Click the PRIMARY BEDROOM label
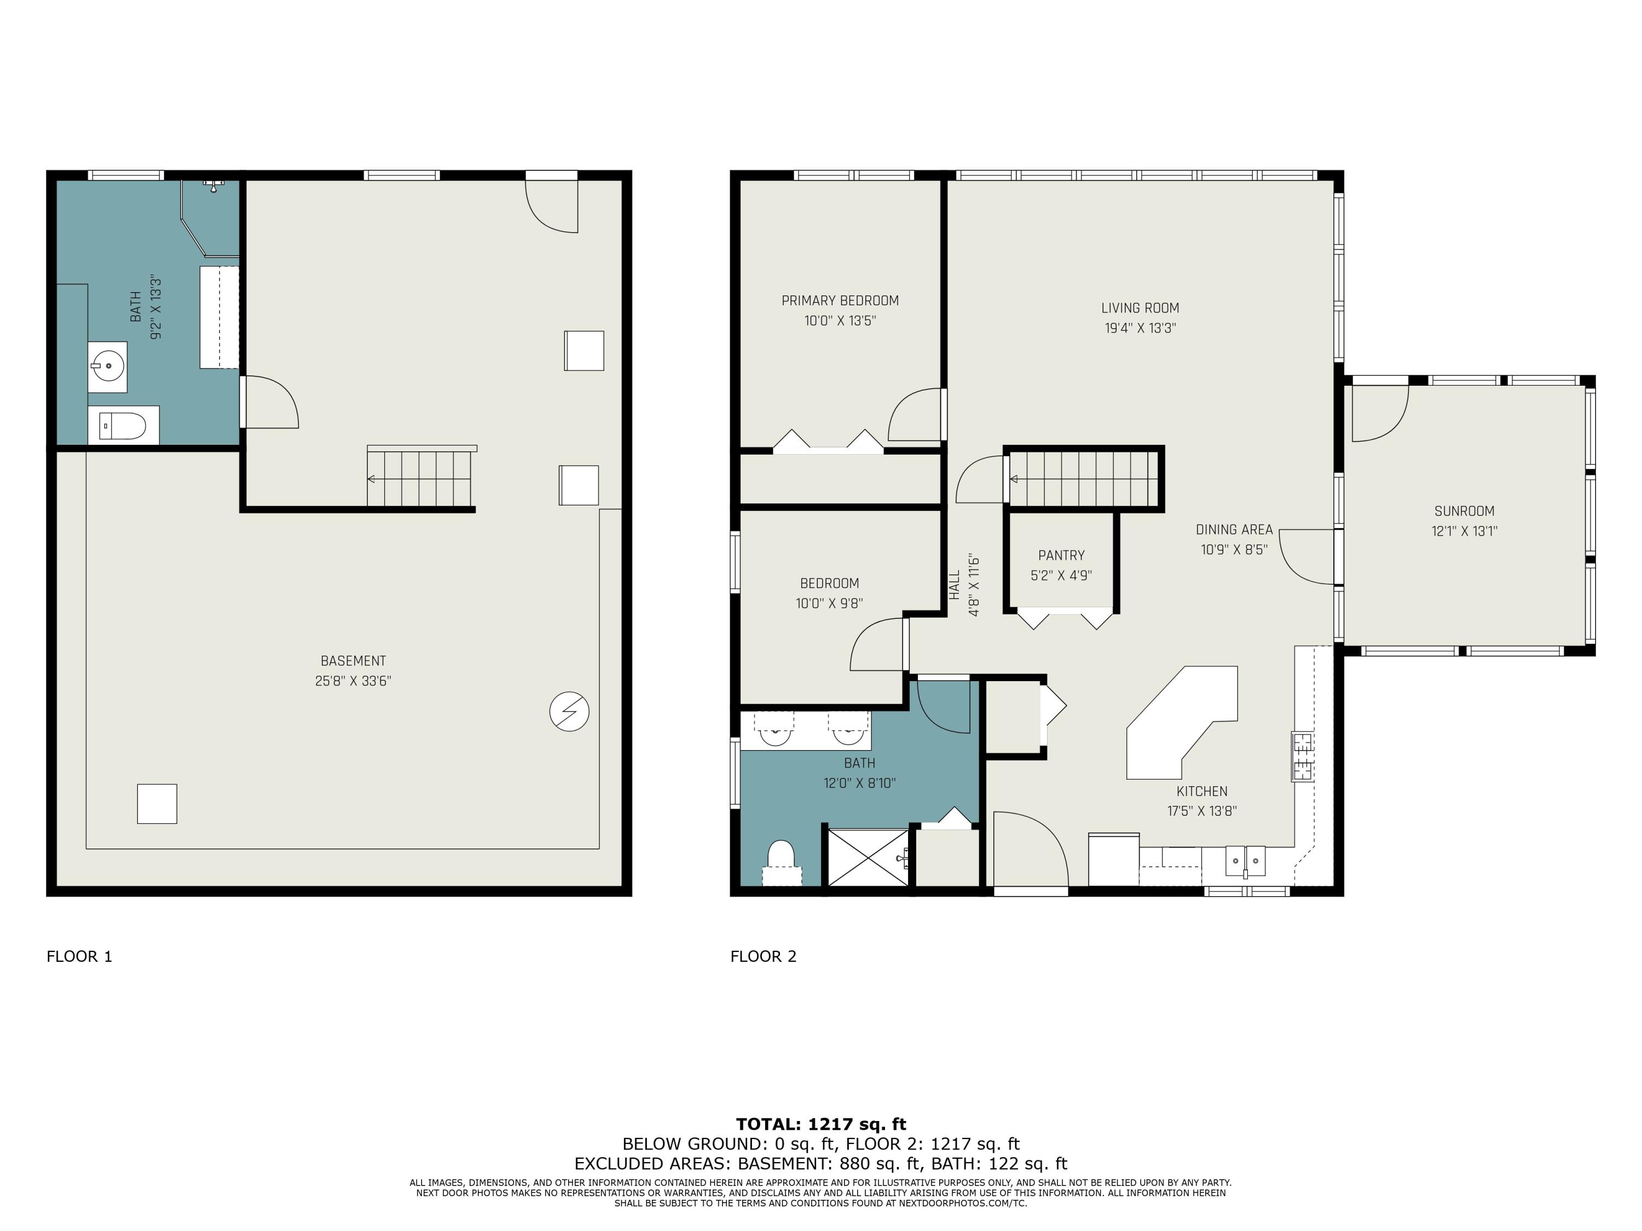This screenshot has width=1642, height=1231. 840,300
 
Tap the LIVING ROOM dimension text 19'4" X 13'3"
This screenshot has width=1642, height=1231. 1140,328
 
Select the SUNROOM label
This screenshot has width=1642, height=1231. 1464,511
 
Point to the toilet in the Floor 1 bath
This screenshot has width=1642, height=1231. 123,426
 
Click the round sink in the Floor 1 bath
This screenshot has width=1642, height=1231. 108,366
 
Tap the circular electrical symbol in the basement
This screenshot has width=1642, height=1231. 569,712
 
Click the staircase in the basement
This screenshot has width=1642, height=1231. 420,479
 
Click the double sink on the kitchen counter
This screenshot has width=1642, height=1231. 1245,861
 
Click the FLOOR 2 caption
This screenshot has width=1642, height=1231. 763,956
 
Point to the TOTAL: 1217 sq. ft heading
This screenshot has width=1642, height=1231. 820,1124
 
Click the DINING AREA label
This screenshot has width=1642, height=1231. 1234,530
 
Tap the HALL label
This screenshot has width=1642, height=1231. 955,585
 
